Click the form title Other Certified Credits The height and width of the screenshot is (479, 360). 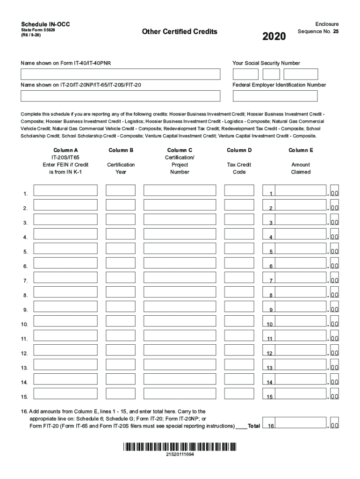point(180,32)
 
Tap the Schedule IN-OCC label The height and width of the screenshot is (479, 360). point(45,24)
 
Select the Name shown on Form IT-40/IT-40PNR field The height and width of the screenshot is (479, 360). point(120,74)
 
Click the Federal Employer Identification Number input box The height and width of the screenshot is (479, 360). point(275,96)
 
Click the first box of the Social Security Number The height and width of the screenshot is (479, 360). point(245,74)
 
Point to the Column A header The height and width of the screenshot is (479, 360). point(65,150)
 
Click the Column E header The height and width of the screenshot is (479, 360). point(301,150)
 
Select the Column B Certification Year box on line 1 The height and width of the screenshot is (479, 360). point(121,190)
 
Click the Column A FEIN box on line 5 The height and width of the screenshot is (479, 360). point(65,248)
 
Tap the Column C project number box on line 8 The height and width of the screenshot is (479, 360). point(180,292)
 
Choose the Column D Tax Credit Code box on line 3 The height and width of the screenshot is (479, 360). point(239,219)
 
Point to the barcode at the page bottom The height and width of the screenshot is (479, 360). point(180,446)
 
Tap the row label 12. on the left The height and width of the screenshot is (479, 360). point(24,354)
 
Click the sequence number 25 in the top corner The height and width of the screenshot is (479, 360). point(336,32)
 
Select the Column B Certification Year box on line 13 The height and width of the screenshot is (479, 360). point(121,364)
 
